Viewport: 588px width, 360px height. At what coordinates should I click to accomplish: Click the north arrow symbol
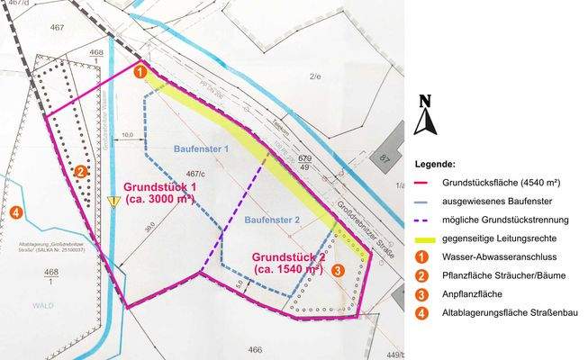(425, 115)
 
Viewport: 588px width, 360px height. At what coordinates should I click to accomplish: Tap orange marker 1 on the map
(140, 70)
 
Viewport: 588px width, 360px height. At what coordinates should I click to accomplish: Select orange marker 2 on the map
(80, 170)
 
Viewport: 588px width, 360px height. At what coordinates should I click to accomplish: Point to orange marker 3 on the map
(337, 269)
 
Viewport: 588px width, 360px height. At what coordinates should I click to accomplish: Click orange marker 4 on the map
(17, 213)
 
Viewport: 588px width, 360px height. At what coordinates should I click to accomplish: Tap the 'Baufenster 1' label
(201, 147)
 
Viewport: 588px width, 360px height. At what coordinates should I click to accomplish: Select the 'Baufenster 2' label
(271, 220)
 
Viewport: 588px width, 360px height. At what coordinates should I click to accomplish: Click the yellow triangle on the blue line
(113, 202)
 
